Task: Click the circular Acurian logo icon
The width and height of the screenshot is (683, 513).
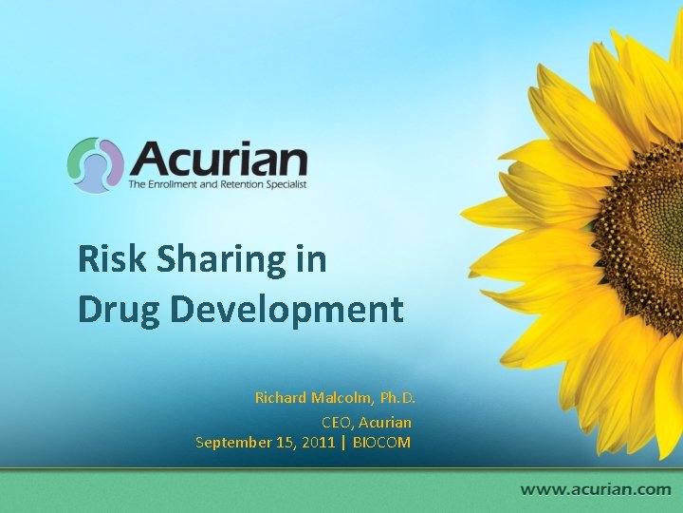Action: point(95,165)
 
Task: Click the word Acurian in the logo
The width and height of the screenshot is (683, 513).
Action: point(218,159)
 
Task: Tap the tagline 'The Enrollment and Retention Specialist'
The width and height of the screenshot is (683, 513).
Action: point(218,184)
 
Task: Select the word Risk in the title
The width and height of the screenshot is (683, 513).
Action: point(107,259)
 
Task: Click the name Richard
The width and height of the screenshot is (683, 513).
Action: point(281,397)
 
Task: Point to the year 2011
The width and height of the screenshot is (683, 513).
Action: point(319,442)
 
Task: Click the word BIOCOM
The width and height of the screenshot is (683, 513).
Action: point(381,442)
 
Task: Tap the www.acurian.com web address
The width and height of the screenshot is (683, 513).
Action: point(595,489)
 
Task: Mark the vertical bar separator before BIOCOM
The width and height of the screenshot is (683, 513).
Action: point(343,442)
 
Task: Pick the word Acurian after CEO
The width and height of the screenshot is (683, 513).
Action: point(385,420)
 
